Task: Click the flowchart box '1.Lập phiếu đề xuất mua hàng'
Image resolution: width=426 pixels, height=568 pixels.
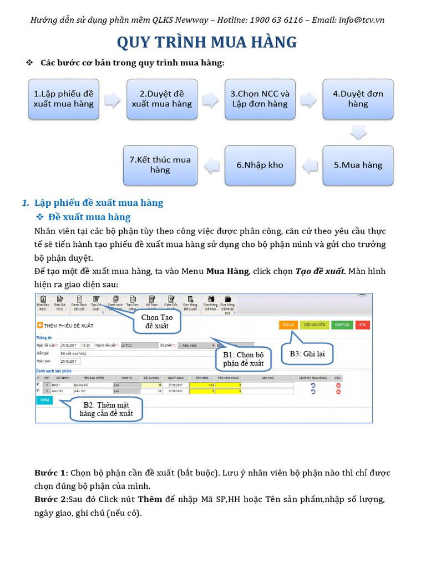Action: click(63, 99)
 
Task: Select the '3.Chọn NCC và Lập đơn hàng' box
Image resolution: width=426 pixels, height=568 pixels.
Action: click(260, 99)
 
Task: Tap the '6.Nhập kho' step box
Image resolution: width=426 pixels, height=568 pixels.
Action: click(260, 165)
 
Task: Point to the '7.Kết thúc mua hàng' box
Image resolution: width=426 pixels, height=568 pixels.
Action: click(160, 165)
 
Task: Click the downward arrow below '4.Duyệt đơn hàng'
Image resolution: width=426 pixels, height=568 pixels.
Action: click(358, 132)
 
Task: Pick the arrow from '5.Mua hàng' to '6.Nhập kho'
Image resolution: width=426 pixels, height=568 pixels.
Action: click(309, 165)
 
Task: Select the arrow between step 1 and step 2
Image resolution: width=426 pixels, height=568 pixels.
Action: click(113, 99)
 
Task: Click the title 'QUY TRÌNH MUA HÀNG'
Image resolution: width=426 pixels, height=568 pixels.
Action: click(206, 42)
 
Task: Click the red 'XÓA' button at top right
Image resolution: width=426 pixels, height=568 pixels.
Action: click(362, 325)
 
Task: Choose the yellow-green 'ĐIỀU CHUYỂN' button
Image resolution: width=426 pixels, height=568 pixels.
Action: click(315, 325)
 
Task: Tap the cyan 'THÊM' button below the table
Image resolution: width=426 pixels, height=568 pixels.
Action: click(44, 400)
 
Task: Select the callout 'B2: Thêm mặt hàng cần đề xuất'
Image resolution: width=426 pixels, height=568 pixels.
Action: click(106, 409)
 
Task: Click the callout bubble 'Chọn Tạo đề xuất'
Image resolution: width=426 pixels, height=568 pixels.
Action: click(157, 321)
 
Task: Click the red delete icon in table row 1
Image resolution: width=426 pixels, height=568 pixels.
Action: click(338, 385)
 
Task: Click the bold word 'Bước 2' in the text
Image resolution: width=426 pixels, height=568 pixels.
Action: click(50, 499)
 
